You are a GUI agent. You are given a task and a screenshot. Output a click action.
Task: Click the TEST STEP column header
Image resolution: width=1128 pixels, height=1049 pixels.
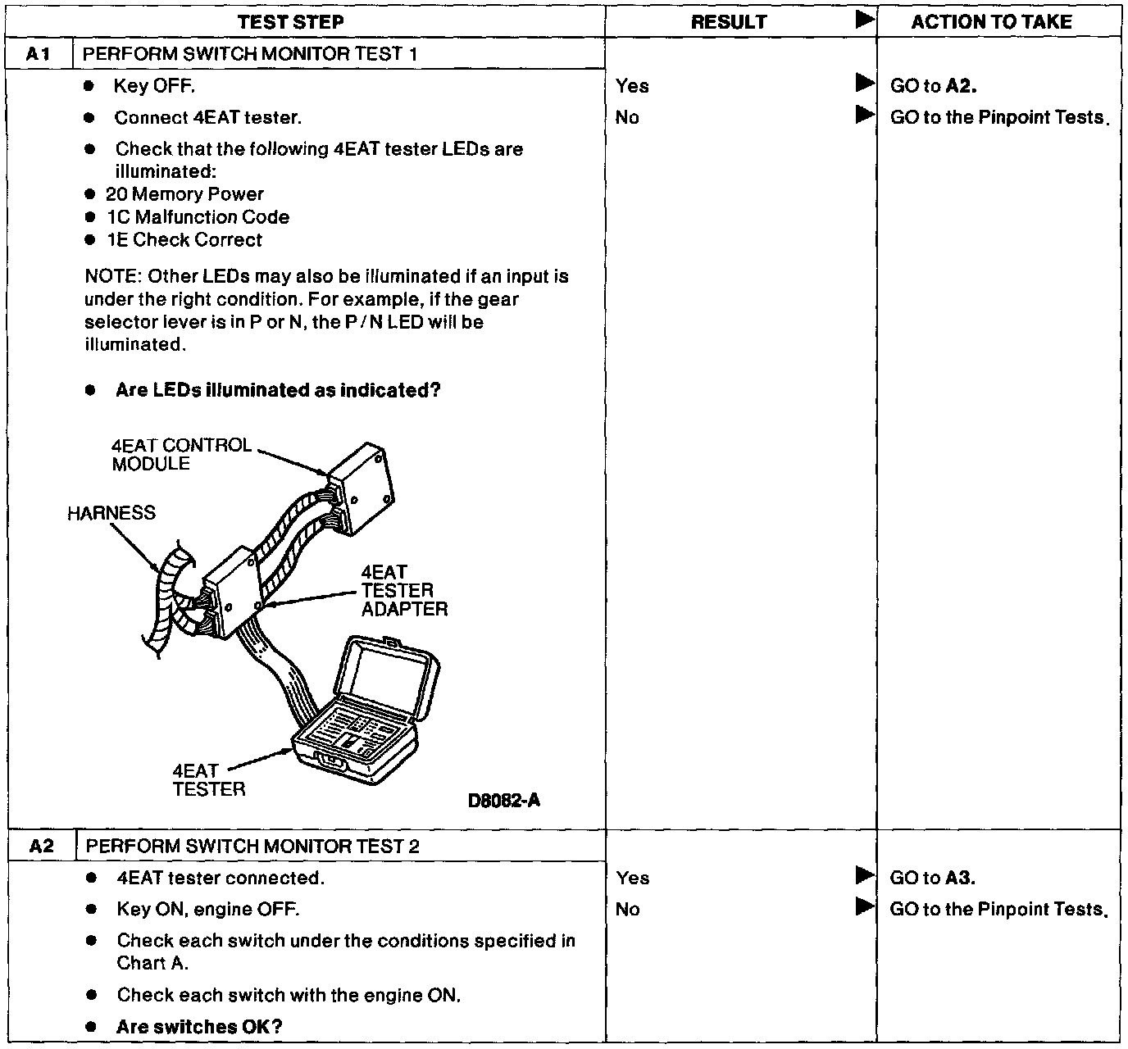(290, 22)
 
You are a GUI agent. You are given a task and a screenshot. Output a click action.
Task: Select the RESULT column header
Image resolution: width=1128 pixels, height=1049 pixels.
(728, 22)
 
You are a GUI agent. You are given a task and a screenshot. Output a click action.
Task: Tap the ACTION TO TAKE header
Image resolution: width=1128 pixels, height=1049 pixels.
(991, 22)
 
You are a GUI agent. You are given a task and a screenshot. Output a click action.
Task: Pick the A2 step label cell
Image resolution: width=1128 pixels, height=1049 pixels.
(41, 846)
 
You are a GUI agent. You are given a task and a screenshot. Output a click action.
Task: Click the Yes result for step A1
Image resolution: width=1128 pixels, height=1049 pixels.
(632, 86)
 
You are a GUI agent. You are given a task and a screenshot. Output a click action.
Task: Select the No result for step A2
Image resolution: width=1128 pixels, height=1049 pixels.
(627, 909)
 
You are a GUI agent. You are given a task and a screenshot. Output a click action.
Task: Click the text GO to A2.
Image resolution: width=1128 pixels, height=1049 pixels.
(933, 86)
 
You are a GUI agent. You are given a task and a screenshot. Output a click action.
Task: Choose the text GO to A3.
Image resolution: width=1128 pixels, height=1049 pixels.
(932, 878)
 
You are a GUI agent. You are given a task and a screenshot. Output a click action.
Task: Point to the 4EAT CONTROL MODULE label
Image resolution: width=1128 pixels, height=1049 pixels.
(181, 454)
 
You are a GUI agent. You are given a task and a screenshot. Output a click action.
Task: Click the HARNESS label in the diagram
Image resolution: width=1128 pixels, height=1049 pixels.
(111, 513)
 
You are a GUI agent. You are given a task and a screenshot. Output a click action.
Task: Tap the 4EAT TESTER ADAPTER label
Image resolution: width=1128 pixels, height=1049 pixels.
(404, 591)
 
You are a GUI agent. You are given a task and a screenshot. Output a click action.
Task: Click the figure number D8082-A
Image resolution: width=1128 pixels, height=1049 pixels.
(503, 801)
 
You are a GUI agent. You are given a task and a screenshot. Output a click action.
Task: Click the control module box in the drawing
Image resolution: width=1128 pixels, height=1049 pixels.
(362, 488)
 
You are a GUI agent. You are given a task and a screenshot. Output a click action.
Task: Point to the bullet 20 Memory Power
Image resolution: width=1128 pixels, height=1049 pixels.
(184, 194)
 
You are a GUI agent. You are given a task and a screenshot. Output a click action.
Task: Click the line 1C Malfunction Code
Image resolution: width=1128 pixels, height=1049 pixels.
(198, 217)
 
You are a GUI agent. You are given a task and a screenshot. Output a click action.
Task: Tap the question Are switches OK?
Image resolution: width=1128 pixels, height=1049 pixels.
(199, 1027)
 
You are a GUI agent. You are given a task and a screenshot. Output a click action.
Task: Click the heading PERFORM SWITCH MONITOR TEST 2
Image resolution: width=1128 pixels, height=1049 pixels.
(252, 846)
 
